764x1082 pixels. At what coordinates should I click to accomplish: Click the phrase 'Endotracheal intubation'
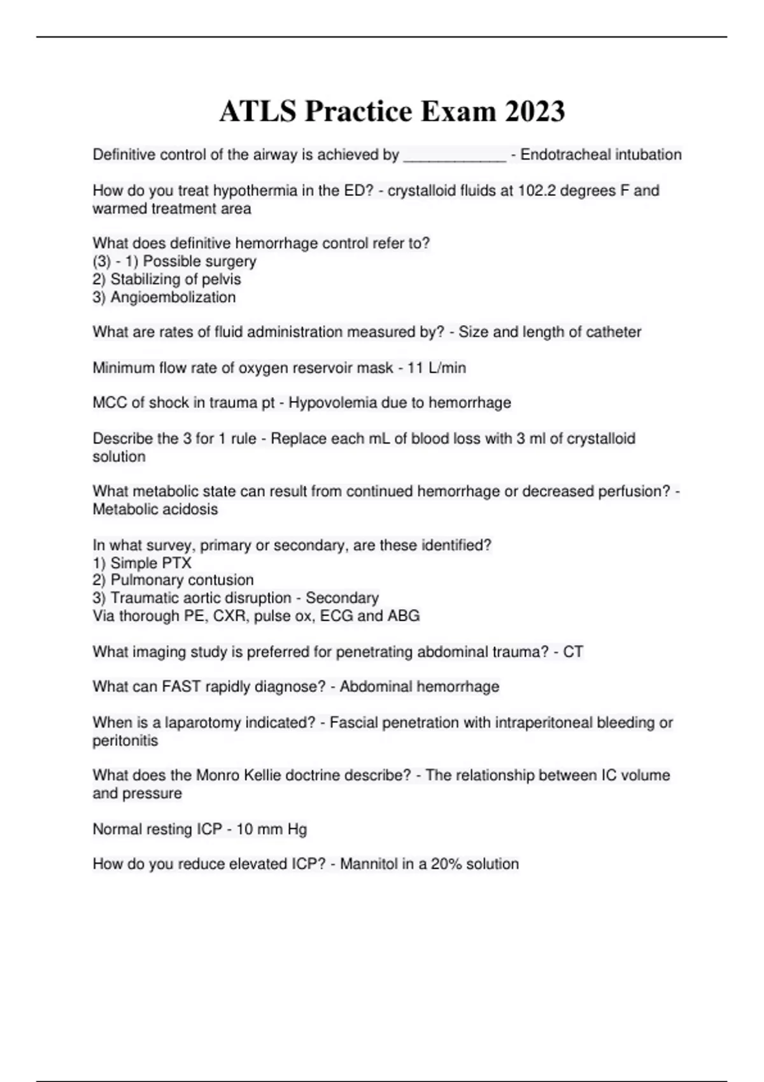click(600, 155)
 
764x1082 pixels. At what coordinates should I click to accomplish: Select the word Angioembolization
click(173, 297)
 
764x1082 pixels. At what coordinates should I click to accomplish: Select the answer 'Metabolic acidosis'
click(155, 509)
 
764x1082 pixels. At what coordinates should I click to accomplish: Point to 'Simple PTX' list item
click(150, 563)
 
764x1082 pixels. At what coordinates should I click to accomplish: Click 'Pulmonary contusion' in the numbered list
click(181, 580)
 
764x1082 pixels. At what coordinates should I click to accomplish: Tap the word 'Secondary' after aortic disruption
click(342, 598)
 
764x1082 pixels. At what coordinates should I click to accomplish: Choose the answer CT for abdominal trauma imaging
click(573, 652)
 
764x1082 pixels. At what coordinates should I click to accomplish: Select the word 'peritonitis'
click(125, 741)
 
